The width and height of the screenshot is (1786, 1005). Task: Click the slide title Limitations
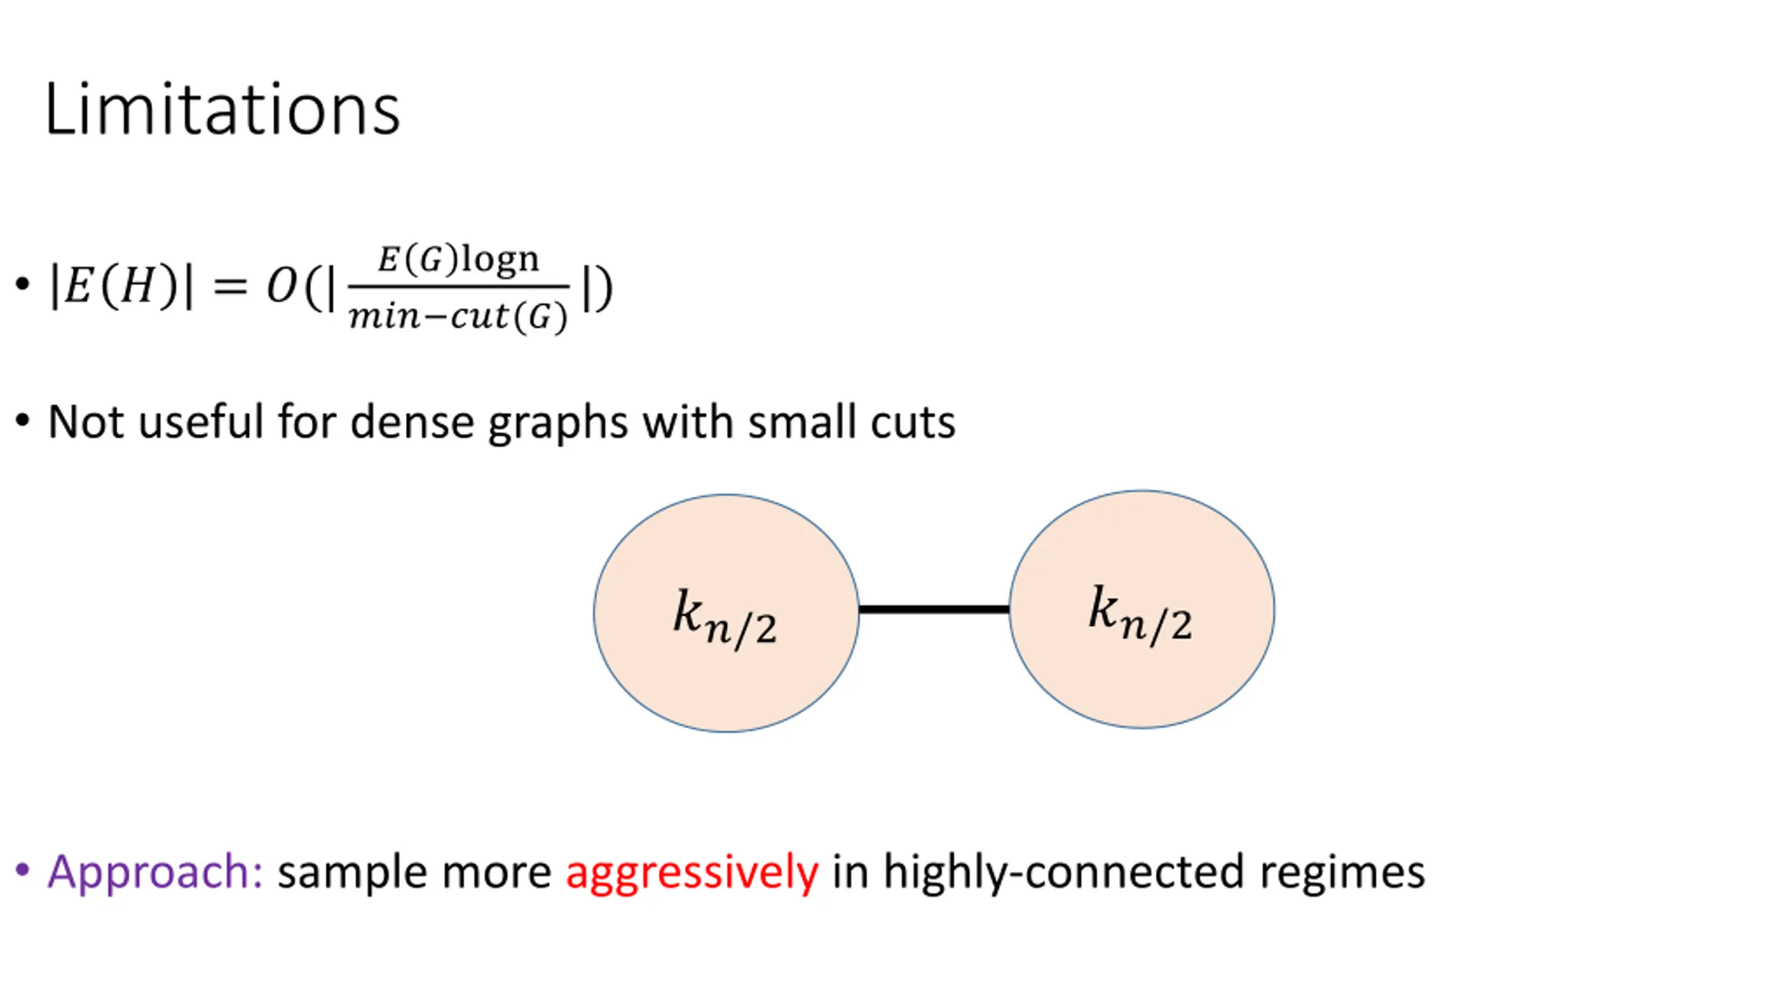222,110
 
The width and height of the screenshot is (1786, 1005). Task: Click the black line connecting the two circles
933,609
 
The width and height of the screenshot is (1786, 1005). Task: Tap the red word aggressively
691,872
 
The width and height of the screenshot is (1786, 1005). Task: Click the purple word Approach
154,872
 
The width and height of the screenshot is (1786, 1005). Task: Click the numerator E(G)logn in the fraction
458,260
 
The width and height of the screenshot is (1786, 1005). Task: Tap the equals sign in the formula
230,286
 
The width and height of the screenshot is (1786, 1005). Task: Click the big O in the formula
283,286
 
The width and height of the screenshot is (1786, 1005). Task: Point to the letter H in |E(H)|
137,286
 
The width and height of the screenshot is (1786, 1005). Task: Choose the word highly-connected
1063,872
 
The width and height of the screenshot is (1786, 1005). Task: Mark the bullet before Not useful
22,421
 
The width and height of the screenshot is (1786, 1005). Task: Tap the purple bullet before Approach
22,870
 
